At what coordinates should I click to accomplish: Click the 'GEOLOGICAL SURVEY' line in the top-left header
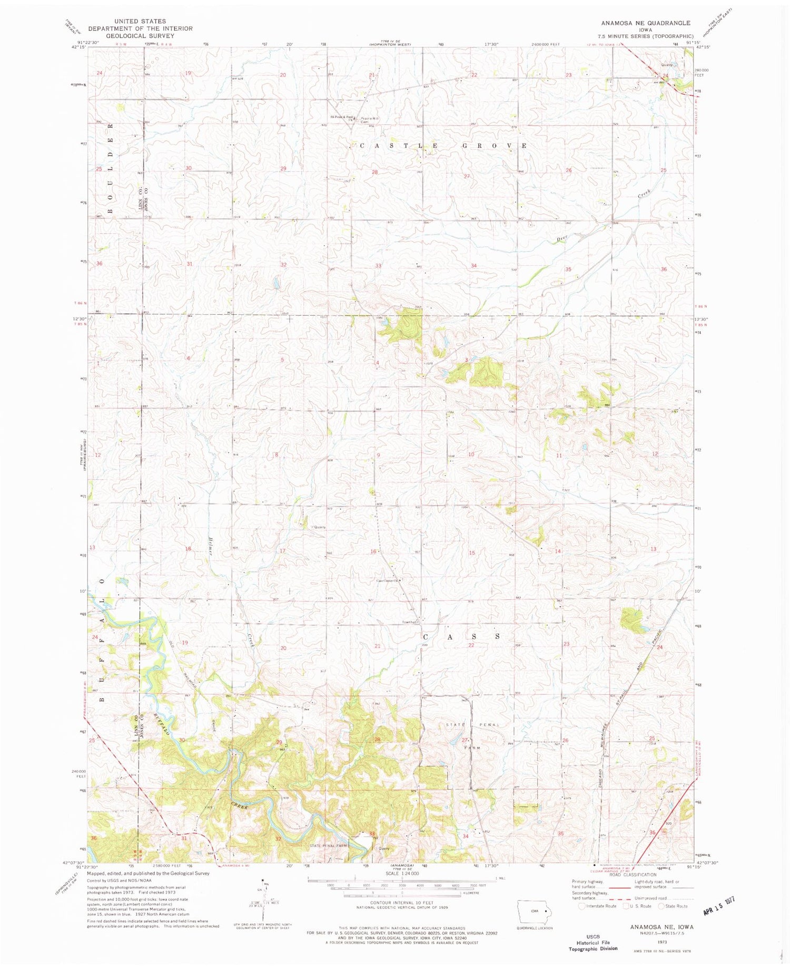tap(140, 36)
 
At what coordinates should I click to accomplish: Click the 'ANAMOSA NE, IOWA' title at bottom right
tap(661, 926)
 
